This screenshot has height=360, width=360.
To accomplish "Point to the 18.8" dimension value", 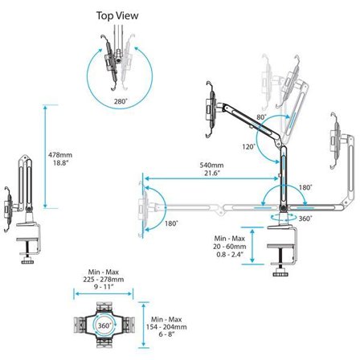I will click(x=59, y=163).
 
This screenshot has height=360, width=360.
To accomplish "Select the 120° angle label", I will click(x=249, y=147).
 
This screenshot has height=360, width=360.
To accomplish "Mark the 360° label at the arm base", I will click(x=303, y=217).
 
